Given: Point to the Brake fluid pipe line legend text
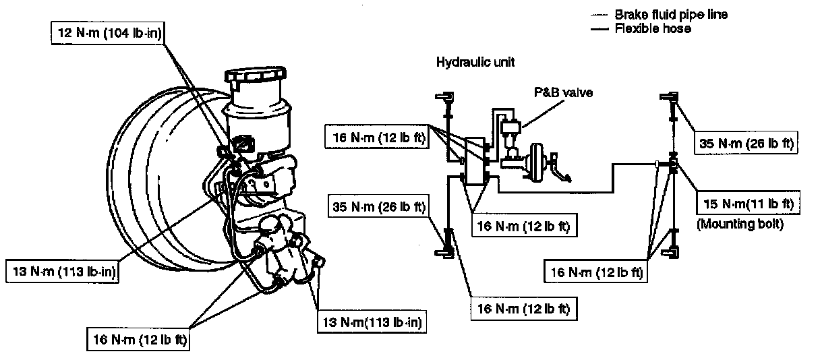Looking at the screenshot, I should tap(670, 14).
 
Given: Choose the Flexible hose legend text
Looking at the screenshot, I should tap(652, 29).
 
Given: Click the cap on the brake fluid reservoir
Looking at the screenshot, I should tap(256, 80).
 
